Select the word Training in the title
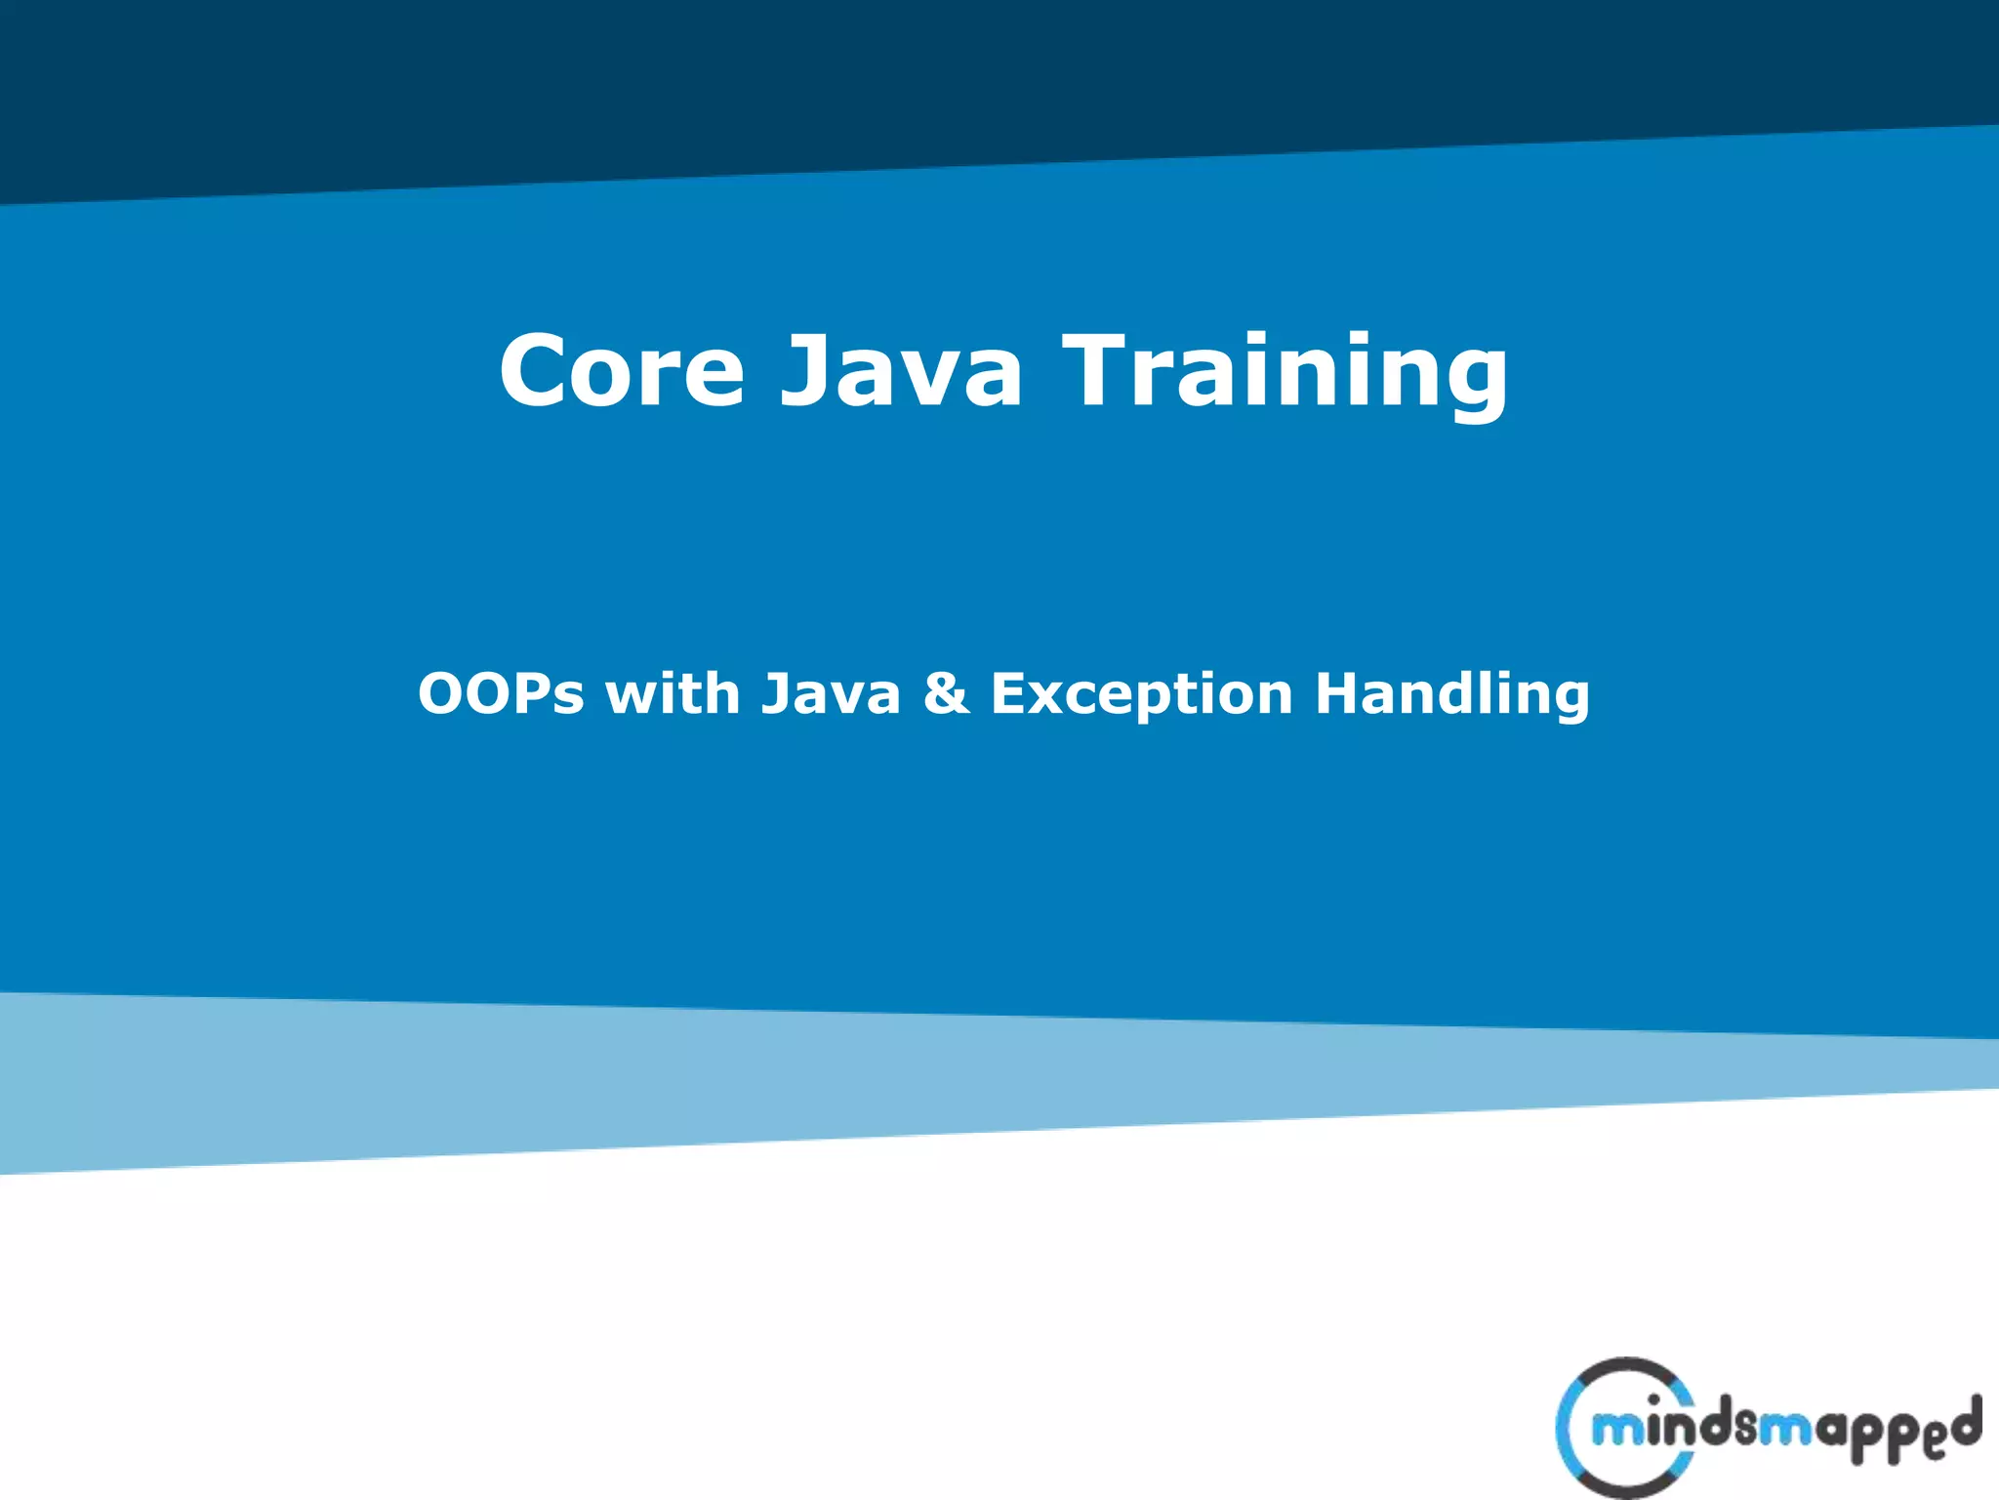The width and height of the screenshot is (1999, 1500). [1285, 372]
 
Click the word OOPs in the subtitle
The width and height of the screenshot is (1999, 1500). [501, 694]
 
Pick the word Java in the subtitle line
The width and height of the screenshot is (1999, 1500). [831, 694]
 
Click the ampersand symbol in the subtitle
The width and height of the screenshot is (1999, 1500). [946, 694]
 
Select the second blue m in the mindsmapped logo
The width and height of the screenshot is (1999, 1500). [1786, 1432]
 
